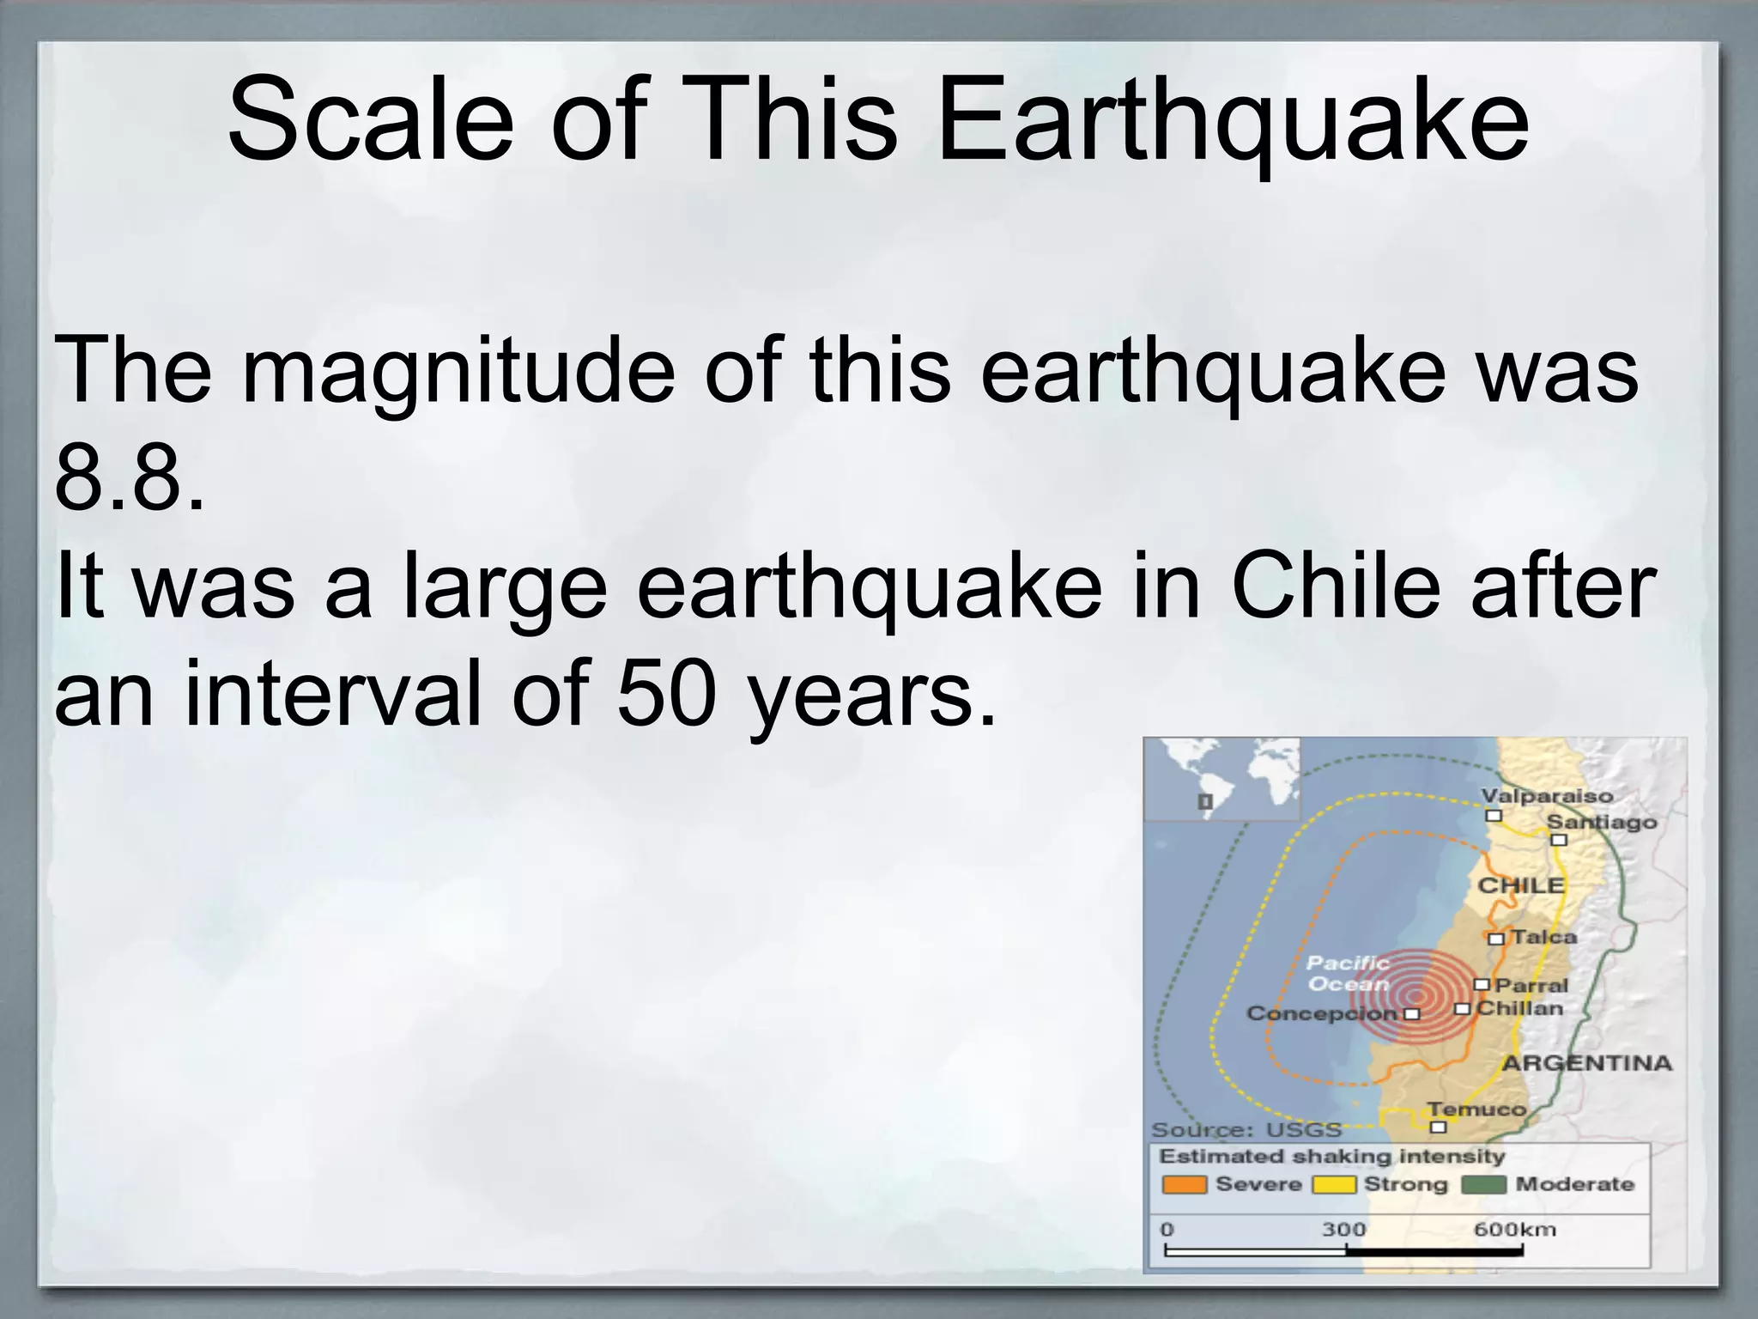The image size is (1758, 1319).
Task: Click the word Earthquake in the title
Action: [1232, 120]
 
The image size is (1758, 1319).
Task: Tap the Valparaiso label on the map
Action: [1547, 795]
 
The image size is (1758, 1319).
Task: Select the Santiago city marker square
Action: [1559, 840]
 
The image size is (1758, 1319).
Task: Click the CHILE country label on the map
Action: [1520, 885]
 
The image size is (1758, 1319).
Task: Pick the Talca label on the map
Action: [1543, 937]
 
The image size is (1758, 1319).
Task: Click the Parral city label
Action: [1531, 985]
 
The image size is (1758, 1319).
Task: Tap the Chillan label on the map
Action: [1520, 1008]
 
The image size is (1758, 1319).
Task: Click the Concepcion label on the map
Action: [1322, 1013]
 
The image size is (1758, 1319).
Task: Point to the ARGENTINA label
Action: [1586, 1063]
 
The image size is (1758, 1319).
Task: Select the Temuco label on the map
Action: [1476, 1109]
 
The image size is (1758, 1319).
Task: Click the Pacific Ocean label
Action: [1348, 974]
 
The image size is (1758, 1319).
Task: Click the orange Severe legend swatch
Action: [1184, 1185]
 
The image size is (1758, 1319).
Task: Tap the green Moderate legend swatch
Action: [1483, 1185]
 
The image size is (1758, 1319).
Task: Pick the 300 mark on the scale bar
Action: [1343, 1230]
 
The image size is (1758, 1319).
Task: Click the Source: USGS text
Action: [1246, 1129]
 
